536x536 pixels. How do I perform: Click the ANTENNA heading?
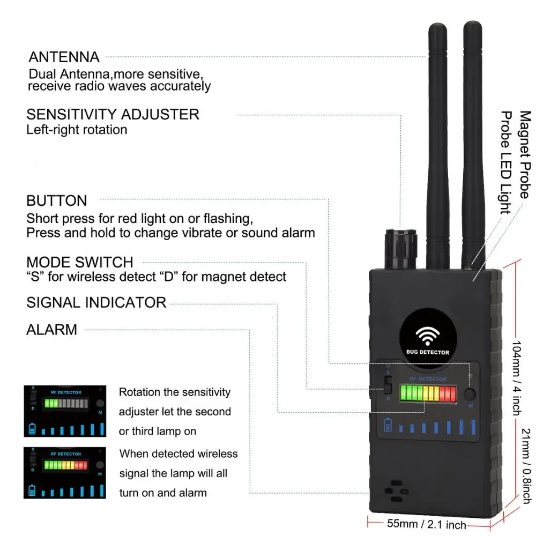pos(64,57)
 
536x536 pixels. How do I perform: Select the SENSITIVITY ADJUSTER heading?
pos(113,114)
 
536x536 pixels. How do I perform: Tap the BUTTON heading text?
pos(56,201)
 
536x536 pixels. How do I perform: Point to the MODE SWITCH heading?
pos(79,263)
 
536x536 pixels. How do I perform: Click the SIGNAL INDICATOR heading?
pos(96,302)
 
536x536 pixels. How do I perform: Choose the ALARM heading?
pos(51,330)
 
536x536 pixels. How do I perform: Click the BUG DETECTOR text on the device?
pos(427,352)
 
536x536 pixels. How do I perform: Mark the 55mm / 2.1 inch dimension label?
pos(427,524)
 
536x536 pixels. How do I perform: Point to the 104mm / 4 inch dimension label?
pos(516,378)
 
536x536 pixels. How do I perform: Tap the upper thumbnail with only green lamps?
pos(64,410)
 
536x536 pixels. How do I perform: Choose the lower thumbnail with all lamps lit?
pos(64,472)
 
